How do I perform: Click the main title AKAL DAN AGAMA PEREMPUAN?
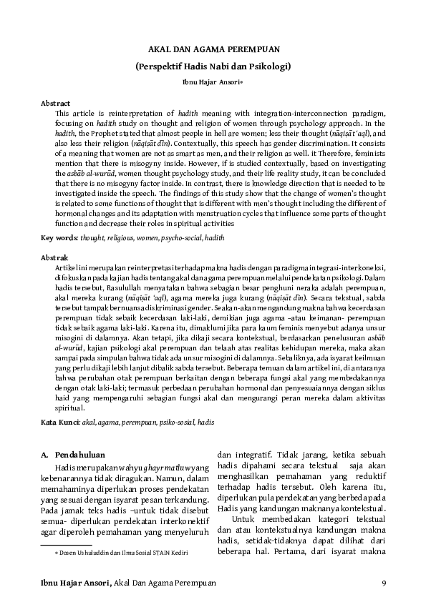(213, 49)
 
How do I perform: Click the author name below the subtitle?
(213, 82)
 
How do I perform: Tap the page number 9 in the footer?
(384, 583)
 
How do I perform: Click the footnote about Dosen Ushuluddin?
(112, 553)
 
